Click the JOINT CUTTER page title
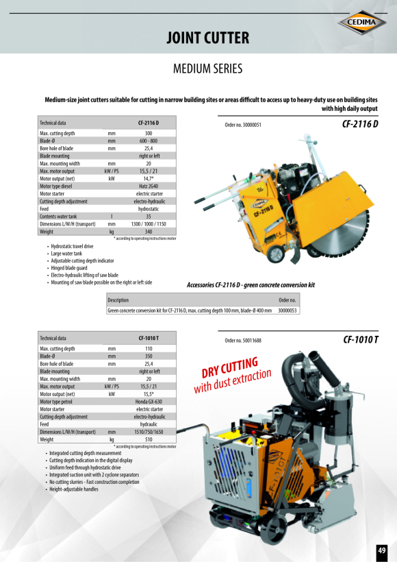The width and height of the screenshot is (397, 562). (208, 38)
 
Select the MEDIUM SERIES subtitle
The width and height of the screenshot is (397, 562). (208, 69)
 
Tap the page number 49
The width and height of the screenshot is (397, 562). (381, 550)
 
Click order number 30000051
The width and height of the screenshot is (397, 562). (243, 125)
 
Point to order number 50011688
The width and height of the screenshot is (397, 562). (243, 341)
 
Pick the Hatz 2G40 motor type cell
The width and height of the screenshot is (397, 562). (149, 186)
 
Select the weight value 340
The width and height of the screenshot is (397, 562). (149, 232)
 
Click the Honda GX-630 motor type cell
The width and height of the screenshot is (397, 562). (149, 401)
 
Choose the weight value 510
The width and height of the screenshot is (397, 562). (149, 439)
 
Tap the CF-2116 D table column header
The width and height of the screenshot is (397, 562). (149, 122)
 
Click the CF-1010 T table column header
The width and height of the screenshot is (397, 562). (149, 338)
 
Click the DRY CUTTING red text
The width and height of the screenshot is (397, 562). (229, 367)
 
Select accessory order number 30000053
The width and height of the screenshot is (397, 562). (287, 310)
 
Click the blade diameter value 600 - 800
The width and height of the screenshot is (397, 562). (149, 140)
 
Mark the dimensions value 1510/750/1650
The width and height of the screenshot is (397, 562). (149, 432)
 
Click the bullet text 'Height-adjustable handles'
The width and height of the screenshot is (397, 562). (73, 489)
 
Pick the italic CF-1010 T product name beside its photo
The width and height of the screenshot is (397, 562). (361, 340)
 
